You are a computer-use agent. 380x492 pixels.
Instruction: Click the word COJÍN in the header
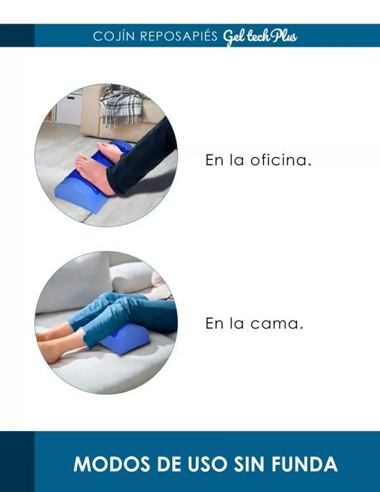point(114,36)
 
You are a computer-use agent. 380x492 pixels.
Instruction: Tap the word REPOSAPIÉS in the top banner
point(179,36)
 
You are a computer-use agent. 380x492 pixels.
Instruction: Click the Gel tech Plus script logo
point(260,37)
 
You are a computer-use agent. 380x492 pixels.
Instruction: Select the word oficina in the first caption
point(281,160)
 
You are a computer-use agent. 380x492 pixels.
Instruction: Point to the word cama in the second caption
point(277,324)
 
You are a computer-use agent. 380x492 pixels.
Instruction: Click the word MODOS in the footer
point(112,464)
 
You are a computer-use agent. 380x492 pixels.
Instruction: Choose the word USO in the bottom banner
point(208,464)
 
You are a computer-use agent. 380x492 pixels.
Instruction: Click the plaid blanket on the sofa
point(122,105)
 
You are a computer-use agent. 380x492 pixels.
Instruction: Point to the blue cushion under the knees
point(125,339)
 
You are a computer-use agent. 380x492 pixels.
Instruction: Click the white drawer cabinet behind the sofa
point(69,108)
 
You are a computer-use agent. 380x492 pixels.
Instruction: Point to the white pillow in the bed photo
point(133,276)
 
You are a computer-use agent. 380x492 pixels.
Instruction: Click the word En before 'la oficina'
point(214,160)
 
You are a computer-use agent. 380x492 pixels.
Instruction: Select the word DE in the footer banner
point(168,464)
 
